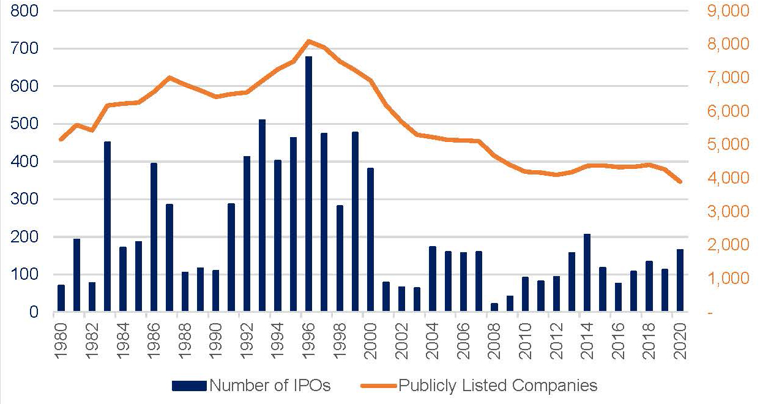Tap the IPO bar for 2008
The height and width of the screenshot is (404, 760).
pyautogui.click(x=494, y=307)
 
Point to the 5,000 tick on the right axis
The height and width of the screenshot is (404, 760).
pyautogui.click(x=726, y=145)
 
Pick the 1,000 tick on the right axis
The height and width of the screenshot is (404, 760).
pyautogui.click(x=726, y=279)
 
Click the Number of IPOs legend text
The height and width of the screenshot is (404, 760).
pyautogui.click(x=270, y=386)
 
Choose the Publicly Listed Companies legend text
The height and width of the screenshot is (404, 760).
pyautogui.click(x=497, y=386)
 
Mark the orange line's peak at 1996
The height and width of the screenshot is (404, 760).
pyautogui.click(x=309, y=41)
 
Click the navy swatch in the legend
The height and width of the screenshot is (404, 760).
pyautogui.click(x=190, y=386)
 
